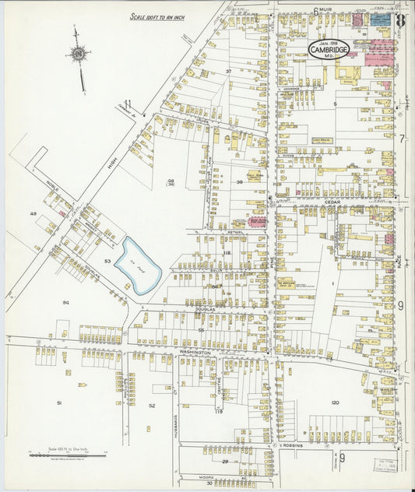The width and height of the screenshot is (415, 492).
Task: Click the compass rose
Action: click(79, 54)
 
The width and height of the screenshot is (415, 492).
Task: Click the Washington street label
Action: click(195, 353)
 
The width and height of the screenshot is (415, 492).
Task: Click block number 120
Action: click(334, 402)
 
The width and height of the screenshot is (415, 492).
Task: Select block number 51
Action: click(58, 402)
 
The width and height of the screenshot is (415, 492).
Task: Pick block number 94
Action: click(66, 302)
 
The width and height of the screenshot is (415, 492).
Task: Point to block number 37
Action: click(228, 72)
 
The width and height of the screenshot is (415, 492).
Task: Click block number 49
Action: click(33, 213)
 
